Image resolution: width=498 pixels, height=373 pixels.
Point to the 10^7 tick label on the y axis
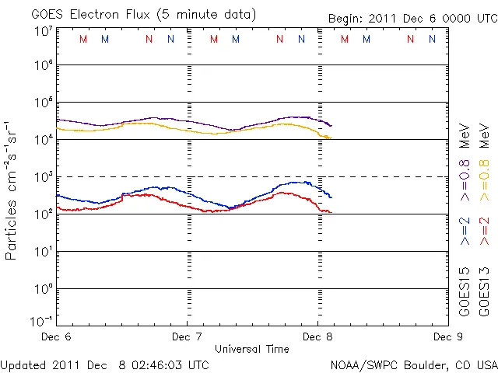point(43,31)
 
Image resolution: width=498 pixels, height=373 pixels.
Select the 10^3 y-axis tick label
point(43,177)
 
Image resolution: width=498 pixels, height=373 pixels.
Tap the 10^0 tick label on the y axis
point(43,289)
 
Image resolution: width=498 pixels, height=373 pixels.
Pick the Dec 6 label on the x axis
point(56,336)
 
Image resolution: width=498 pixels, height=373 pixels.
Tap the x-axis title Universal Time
point(251,348)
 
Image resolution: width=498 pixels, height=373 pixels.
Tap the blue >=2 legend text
point(465,232)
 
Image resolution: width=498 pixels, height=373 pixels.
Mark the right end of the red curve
point(331,212)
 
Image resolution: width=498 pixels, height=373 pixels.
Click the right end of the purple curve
point(331,125)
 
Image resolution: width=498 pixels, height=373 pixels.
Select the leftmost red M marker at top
point(83,39)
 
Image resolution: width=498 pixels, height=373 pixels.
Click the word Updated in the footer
point(23,364)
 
